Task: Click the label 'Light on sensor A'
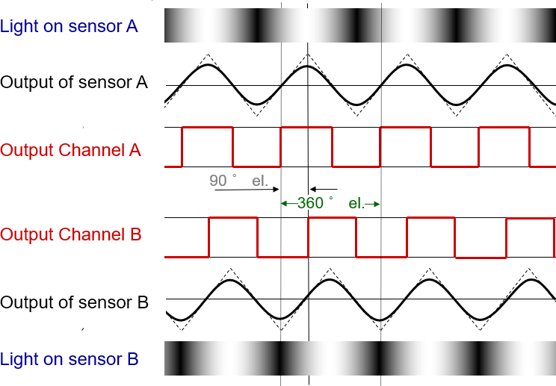[69, 26]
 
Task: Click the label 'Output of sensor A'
[73, 82]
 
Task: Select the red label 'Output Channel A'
[70, 150]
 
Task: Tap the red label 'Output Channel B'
[70, 234]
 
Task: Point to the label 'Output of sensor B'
[74, 302]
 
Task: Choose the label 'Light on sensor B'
[69, 359]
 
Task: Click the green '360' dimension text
[310, 203]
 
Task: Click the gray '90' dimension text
[218, 181]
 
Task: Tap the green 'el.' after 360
[356, 203]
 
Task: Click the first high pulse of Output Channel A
[207, 128]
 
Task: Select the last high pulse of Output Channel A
[503, 128]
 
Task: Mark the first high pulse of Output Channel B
[232, 218]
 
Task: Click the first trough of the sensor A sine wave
[256, 104]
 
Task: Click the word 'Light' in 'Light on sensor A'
[18, 26]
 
